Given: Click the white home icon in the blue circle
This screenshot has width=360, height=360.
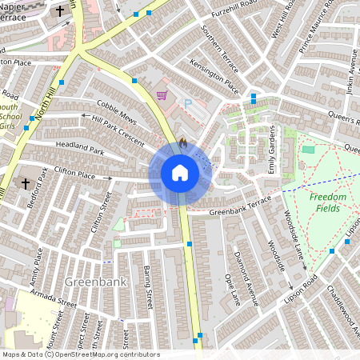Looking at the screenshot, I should click(180, 173).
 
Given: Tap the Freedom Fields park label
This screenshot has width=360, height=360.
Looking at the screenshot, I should click(328, 202).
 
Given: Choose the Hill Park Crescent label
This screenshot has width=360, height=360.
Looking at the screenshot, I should click(118, 131).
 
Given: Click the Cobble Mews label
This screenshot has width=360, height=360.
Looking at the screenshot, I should click(118, 111).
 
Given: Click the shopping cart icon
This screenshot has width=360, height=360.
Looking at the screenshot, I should click(162, 95).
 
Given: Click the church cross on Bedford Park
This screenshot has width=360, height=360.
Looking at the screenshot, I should click(25, 183).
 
